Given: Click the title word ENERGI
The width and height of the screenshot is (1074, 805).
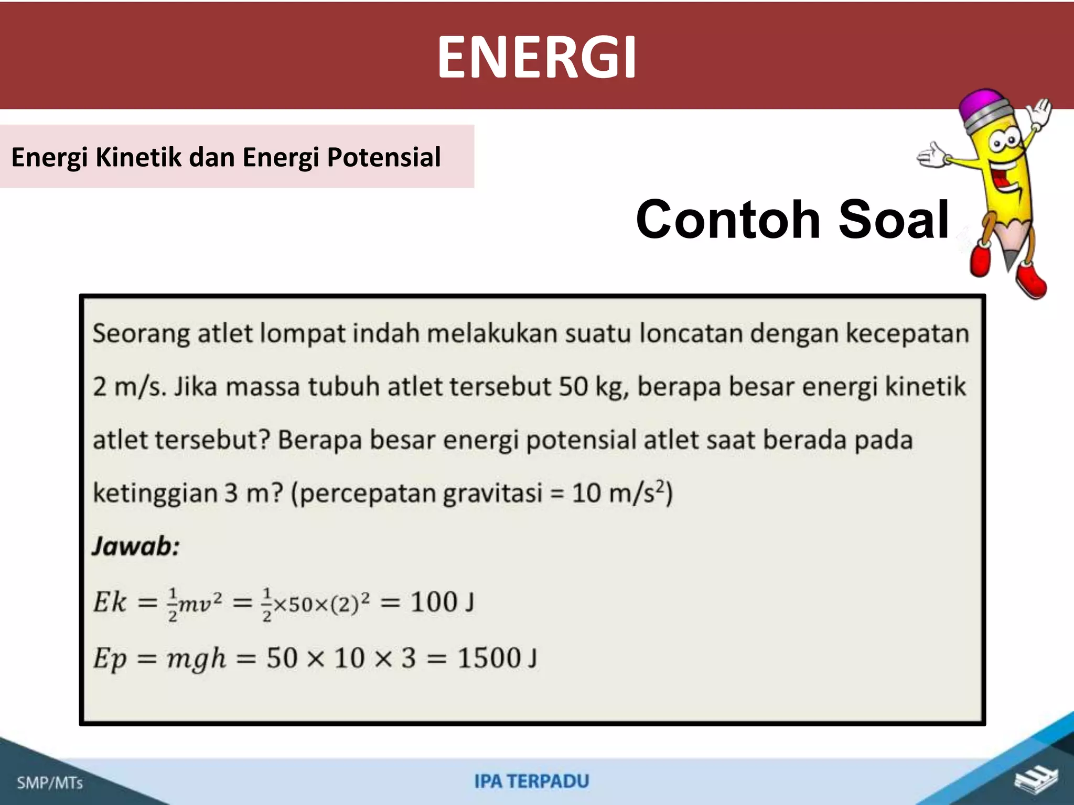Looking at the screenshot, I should point(536,57).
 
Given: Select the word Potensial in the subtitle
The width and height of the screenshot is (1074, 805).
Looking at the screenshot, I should point(383,157).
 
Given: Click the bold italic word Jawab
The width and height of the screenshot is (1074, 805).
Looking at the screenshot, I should point(136,546).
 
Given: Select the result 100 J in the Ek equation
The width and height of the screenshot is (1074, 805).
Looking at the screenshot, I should point(442,602).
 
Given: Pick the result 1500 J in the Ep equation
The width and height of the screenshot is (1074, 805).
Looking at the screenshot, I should point(496,658).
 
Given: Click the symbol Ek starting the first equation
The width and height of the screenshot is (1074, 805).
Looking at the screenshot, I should point(110,602).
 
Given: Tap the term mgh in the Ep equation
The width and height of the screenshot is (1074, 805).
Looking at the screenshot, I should point(196,658).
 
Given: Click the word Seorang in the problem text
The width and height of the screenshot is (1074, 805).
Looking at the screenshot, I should point(141,334).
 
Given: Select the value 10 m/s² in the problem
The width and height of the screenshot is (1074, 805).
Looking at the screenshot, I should point(619,492).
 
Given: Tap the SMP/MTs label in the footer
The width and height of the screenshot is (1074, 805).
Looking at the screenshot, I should point(50,783).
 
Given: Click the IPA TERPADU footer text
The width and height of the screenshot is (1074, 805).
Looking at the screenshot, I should point(532,781).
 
